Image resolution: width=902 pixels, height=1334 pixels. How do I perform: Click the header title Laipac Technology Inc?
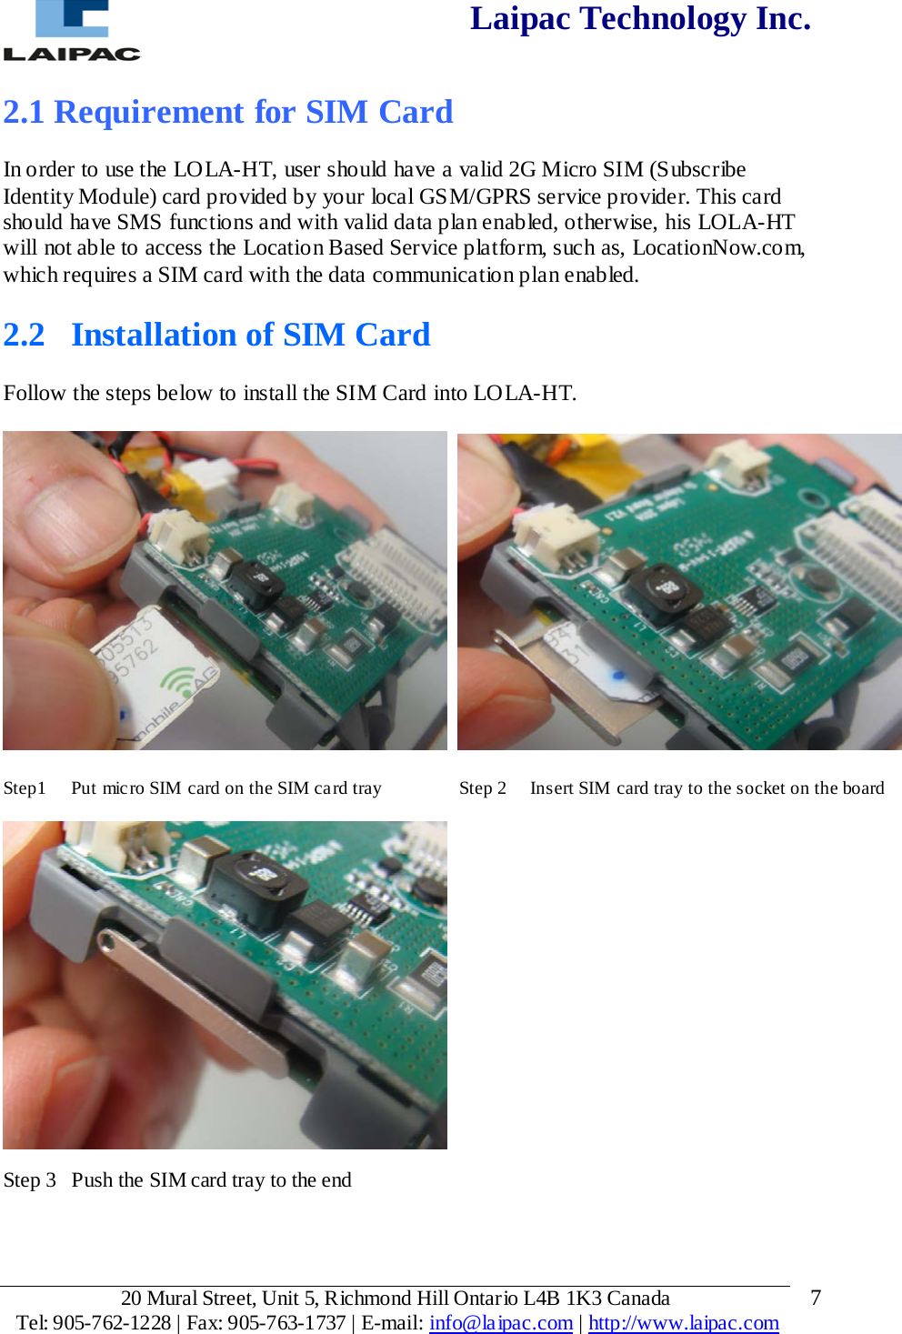point(639,19)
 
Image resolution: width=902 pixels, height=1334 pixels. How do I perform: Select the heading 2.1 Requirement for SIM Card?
point(227,112)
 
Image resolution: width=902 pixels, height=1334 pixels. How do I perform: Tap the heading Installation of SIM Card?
point(250,335)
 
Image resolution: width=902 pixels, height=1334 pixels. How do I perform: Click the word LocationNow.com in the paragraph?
point(717,248)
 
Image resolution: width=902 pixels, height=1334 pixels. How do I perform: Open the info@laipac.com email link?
point(500,1322)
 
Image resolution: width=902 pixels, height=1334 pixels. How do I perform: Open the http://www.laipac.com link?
point(683,1322)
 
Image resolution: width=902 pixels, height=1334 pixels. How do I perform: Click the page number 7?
point(815,1298)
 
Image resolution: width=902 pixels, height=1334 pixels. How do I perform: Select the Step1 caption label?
point(25,788)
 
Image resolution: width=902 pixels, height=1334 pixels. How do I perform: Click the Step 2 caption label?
point(482,788)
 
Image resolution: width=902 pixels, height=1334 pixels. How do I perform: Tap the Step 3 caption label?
point(30,1180)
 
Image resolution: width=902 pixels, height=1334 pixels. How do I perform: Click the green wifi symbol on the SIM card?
point(182,682)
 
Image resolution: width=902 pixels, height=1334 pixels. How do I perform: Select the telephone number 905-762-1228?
point(112,1322)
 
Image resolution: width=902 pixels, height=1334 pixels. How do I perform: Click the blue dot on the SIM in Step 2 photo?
point(618,676)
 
